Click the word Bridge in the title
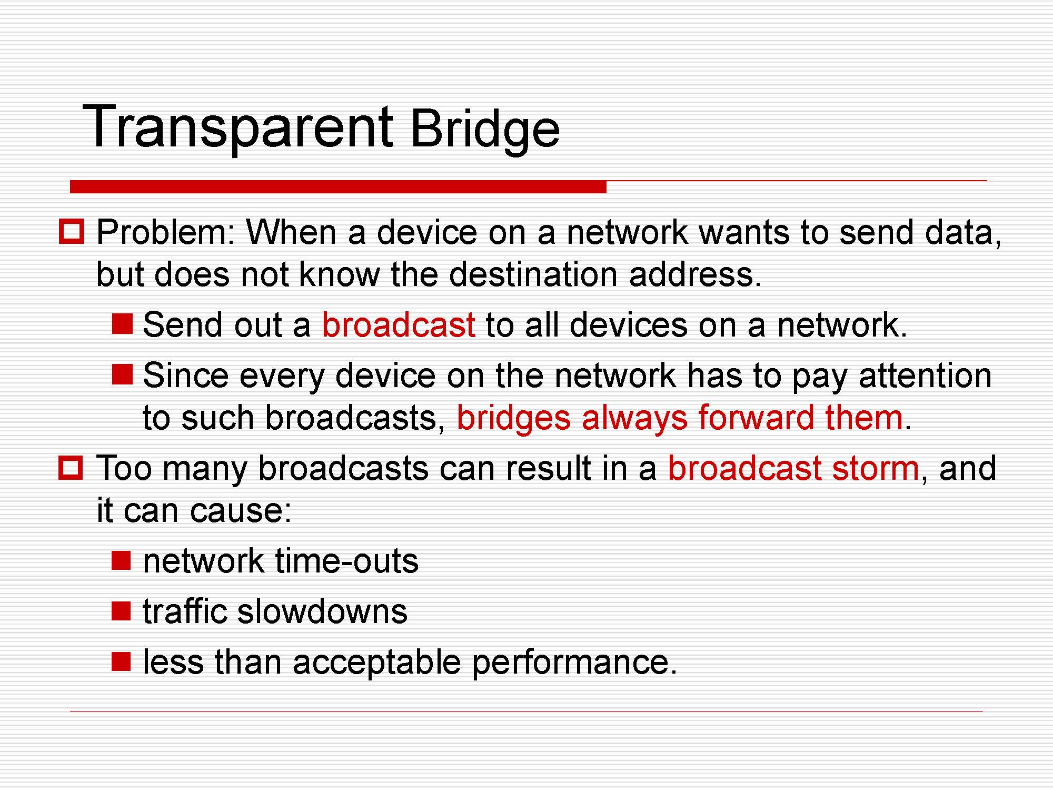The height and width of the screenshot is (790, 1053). point(484,130)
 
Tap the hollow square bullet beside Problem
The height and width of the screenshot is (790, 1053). point(71,231)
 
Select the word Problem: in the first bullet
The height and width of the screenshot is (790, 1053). point(165,232)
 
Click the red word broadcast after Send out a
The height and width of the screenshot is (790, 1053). point(399,324)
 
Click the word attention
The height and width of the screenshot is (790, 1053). point(925,376)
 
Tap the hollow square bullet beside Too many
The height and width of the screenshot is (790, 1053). point(71,468)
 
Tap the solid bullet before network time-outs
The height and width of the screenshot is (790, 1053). point(121,560)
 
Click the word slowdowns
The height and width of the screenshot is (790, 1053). point(322,611)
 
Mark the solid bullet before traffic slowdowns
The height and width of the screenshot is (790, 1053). point(121,611)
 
